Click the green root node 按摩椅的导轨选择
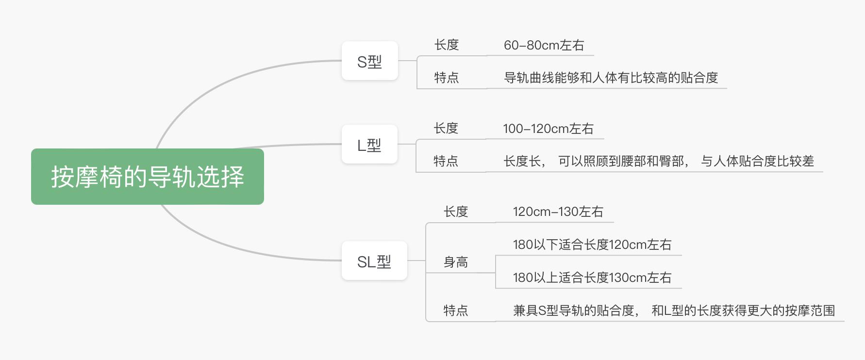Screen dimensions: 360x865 [x=147, y=177]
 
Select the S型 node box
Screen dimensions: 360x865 [x=369, y=61]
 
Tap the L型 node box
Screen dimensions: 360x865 [x=369, y=145]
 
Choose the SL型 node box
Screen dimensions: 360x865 [x=374, y=261]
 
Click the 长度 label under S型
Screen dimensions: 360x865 [x=447, y=45]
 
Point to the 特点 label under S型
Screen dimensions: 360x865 [x=447, y=78]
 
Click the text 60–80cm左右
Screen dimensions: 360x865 [x=544, y=45]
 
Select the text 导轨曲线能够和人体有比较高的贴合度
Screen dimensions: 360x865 [x=611, y=78]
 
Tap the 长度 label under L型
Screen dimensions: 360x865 [x=446, y=129]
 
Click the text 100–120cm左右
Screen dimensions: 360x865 [x=548, y=129]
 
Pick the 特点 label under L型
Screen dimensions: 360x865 [x=446, y=161]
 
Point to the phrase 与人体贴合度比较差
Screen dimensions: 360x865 [x=757, y=161]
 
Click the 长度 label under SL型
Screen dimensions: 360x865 [x=455, y=212]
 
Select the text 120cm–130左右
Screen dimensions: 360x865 [x=558, y=212]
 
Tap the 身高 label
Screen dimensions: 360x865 [x=455, y=262]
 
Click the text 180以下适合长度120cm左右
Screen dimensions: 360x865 [x=592, y=245]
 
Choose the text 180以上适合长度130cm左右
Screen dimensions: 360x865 [x=592, y=278]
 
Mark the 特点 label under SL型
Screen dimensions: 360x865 [x=455, y=311]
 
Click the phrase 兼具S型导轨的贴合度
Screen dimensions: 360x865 [x=574, y=311]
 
